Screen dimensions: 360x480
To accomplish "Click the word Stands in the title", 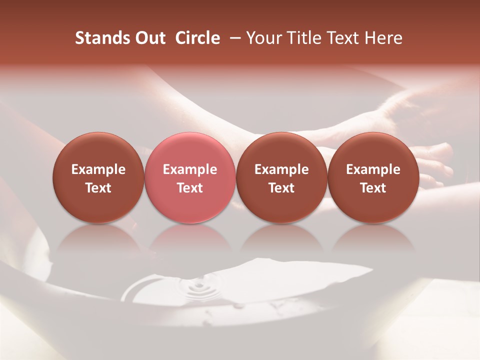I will point(97,38).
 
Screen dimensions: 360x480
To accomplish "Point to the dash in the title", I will point(233,38).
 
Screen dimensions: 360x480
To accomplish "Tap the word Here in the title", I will point(383,38).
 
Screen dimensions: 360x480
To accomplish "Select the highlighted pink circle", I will point(190,178).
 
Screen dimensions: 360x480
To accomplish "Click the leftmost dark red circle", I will point(98,178).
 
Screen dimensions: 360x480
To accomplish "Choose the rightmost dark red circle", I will point(373,178).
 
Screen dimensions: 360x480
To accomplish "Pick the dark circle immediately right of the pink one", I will point(281,178).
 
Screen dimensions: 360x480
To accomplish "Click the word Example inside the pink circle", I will point(190,169).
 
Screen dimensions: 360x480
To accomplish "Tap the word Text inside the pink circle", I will point(190,188).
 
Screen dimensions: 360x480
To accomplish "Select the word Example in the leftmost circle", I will point(98,169).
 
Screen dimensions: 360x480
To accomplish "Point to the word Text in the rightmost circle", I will point(373,188).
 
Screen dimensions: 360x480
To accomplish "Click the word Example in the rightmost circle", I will point(373,169).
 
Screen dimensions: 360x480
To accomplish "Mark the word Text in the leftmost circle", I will point(98,188).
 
